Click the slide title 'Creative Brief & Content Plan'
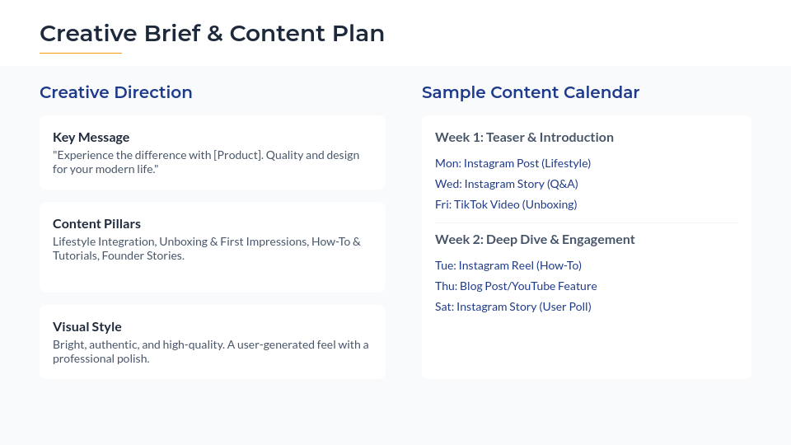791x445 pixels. click(x=212, y=34)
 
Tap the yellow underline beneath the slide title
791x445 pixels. click(x=81, y=53)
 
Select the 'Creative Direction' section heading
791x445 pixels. click(x=115, y=92)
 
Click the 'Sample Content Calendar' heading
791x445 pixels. click(x=531, y=92)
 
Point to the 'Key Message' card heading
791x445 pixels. click(x=91, y=137)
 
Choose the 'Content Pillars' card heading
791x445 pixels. click(x=96, y=223)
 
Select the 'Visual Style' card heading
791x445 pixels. click(x=87, y=326)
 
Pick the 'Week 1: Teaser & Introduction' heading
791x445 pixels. click(x=524, y=137)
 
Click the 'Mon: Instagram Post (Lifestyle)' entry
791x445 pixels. click(x=513, y=163)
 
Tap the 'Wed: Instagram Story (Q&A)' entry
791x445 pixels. click(x=506, y=184)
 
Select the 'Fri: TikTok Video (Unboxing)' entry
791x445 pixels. click(x=506, y=204)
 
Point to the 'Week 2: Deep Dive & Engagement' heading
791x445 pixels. click(x=535, y=239)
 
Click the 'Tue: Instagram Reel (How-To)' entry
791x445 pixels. click(x=508, y=265)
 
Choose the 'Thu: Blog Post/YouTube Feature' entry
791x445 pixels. click(x=516, y=286)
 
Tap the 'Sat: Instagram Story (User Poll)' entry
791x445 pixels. click(x=513, y=307)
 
